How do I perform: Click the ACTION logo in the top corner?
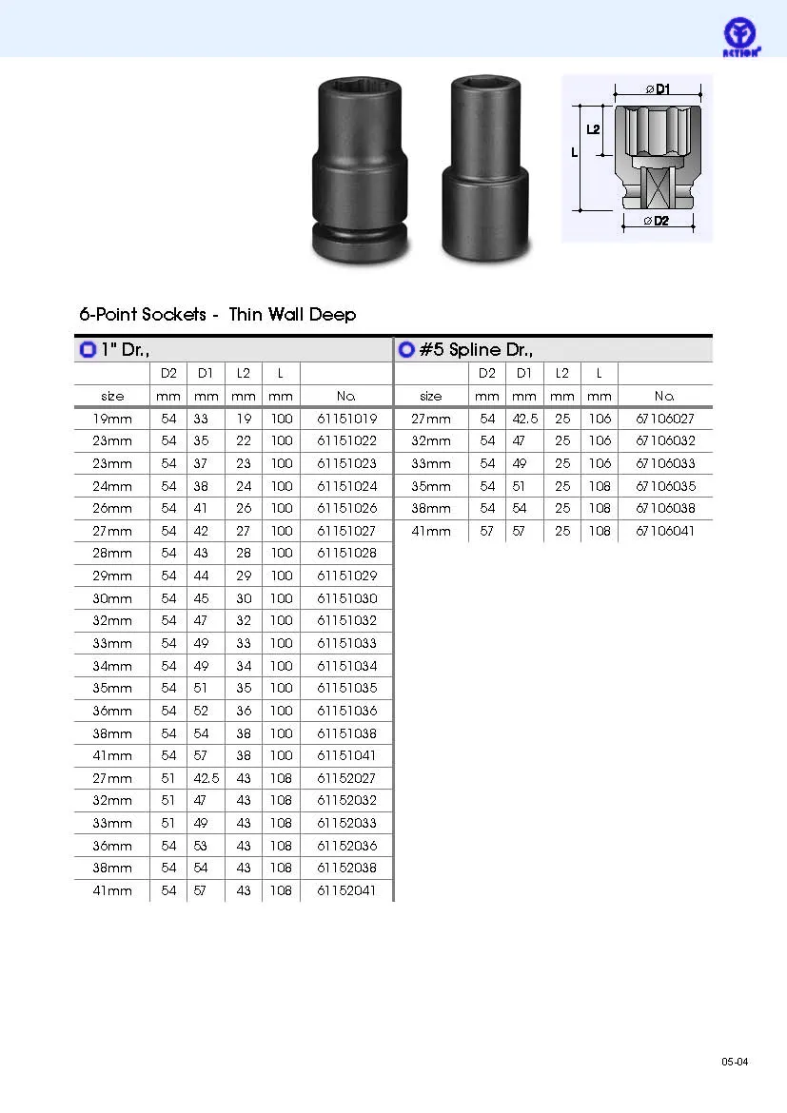tap(741, 37)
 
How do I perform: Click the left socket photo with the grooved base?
tap(360, 170)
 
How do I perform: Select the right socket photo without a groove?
tap(486, 167)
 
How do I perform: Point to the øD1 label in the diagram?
tap(658, 88)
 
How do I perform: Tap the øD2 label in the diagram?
tap(657, 221)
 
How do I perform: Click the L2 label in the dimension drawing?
tap(593, 129)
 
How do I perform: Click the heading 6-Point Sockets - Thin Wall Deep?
tap(217, 315)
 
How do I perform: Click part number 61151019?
tap(346, 419)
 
